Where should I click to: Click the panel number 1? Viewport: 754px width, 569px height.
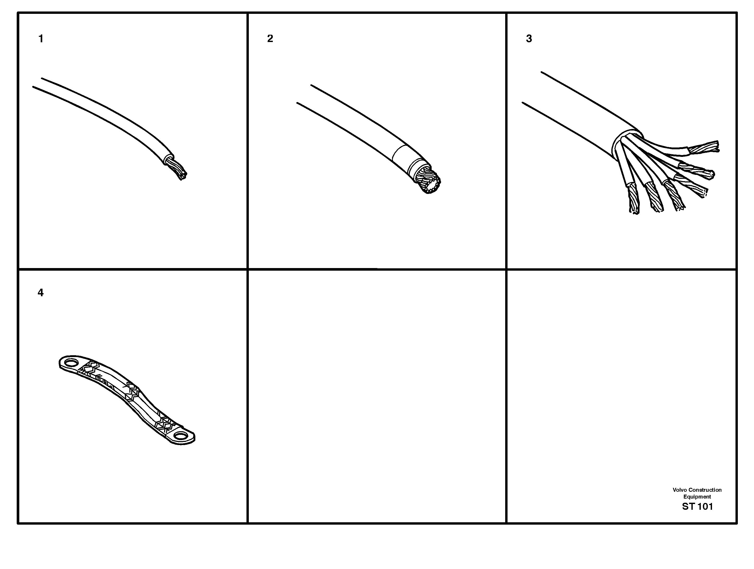click(41, 39)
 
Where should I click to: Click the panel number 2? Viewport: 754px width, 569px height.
click(270, 39)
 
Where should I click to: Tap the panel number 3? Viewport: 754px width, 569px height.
click(529, 39)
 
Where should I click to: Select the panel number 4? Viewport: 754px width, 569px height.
click(41, 293)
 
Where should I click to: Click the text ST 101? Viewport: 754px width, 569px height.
click(697, 507)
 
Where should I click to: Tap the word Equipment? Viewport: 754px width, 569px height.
click(697, 497)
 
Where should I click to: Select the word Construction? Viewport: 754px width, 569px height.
click(705, 490)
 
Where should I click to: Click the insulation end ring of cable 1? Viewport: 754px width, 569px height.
click(168, 159)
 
